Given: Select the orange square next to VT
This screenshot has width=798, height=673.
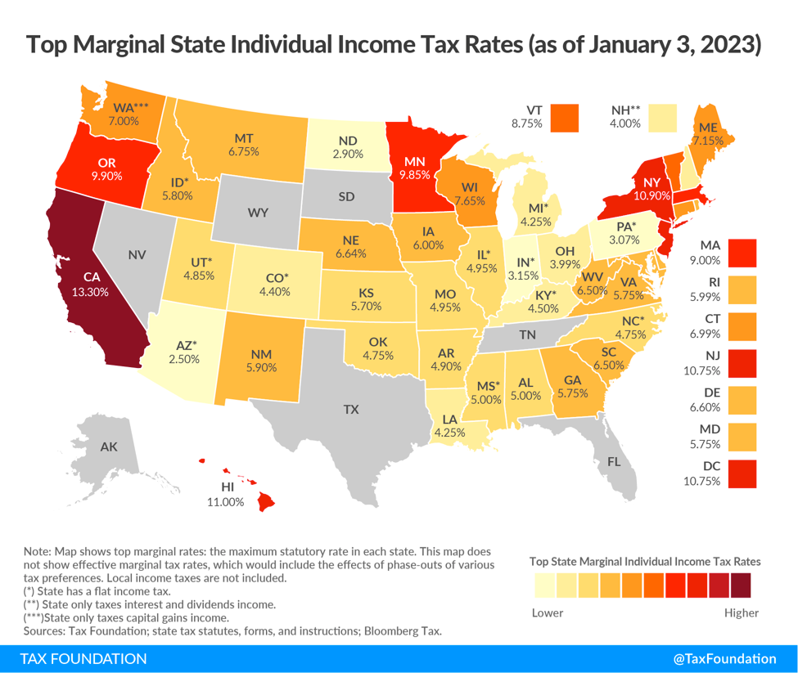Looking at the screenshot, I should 564,117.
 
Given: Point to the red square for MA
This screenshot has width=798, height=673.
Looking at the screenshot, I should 741,252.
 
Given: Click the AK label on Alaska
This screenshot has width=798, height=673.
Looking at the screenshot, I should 109,447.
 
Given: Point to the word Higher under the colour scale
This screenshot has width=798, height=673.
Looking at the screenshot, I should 742,612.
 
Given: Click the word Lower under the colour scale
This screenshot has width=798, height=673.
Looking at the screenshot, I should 548,612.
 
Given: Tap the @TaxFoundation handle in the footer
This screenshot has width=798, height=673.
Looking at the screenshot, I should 724,659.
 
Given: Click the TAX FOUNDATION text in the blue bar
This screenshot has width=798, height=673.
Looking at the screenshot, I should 83,659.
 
